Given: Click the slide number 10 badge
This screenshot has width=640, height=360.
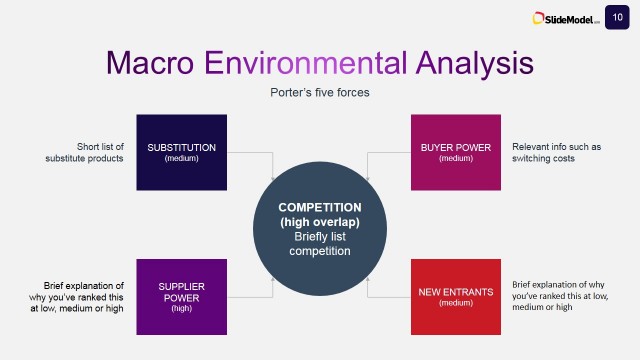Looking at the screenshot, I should point(618,16).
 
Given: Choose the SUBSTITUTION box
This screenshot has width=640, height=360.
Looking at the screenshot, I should point(181,152).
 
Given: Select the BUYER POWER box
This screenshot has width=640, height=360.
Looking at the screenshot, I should point(455,152).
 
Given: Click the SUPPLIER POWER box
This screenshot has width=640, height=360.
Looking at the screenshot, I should point(181,296).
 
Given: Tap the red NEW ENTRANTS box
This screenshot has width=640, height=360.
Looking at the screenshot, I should point(455,296).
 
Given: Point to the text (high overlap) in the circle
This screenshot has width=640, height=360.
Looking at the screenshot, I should point(318,221).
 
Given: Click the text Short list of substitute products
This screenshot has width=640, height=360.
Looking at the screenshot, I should point(99,152).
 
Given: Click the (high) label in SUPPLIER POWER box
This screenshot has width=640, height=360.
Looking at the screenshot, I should point(181,309).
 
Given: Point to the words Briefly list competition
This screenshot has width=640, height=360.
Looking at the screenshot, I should point(318,244).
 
